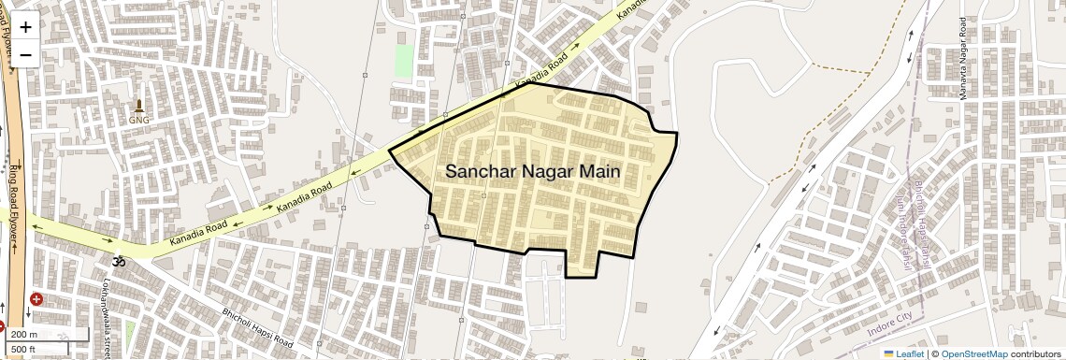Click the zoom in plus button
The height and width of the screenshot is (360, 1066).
coord(25,27)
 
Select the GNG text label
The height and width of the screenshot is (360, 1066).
coord(139,120)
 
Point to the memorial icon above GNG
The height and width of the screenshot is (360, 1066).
coord(139,105)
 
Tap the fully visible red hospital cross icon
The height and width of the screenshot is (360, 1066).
coord(36,299)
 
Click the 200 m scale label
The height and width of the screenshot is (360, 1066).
coord(24,335)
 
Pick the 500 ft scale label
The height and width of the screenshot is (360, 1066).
coord(24,349)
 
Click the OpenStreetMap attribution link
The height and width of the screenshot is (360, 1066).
coord(973,354)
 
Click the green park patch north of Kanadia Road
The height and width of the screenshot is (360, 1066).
coord(404,61)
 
